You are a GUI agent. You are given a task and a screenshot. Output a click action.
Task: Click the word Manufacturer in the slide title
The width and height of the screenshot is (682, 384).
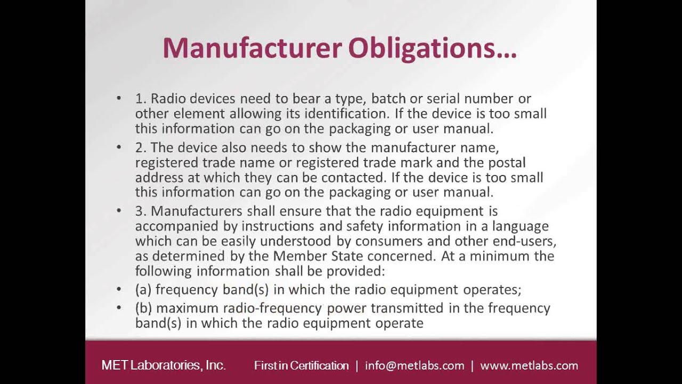252,48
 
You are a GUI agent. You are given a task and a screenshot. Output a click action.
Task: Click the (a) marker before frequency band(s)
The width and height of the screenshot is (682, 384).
143,290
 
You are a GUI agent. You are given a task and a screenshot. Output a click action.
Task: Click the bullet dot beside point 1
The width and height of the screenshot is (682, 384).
119,99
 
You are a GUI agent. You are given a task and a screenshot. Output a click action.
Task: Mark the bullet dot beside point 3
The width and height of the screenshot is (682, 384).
119,211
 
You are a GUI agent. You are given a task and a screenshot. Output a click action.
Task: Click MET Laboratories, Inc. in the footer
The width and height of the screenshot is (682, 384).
164,365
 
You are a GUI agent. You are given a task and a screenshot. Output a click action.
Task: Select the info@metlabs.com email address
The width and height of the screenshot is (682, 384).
415,365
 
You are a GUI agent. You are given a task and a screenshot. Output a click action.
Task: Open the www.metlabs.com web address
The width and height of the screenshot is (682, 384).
529,365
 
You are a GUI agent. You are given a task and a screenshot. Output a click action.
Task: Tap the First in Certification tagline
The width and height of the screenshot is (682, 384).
301,365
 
